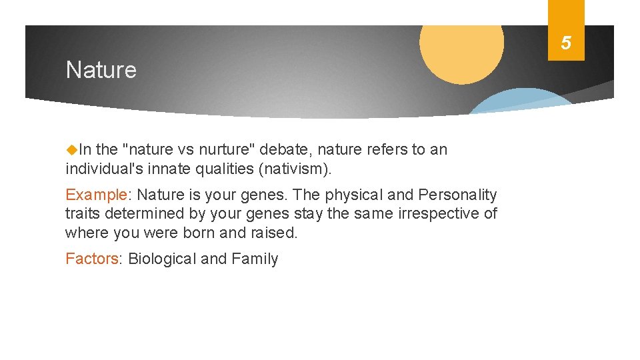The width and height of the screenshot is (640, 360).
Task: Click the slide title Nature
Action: (x=101, y=70)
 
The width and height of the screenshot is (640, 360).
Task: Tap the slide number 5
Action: (x=565, y=43)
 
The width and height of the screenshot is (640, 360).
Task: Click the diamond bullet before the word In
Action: (x=71, y=150)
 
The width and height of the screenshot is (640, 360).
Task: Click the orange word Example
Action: (x=96, y=195)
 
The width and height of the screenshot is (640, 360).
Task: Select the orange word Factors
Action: (x=92, y=259)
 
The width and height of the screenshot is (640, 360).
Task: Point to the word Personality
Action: (x=457, y=195)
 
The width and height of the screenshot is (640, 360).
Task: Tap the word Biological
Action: (x=162, y=259)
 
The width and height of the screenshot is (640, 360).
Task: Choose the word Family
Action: (x=255, y=259)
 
